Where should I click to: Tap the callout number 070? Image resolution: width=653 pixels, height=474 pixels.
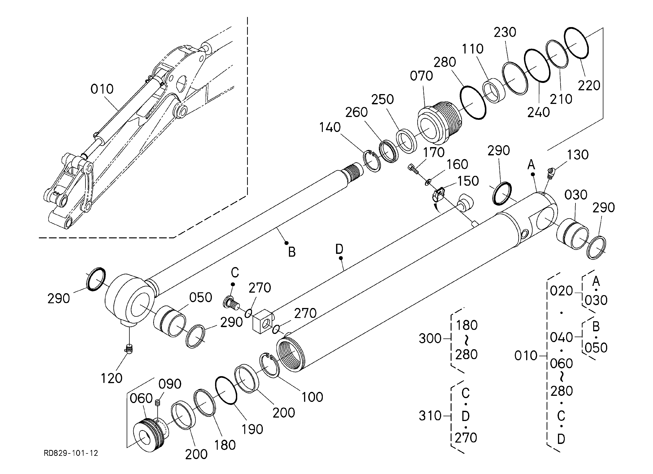pos(421,76)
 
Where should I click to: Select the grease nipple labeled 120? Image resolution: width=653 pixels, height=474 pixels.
pos(129,349)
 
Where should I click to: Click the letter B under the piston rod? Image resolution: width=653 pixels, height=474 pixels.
pos(292,252)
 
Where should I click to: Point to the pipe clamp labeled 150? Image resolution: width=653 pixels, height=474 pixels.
pos(437,195)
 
